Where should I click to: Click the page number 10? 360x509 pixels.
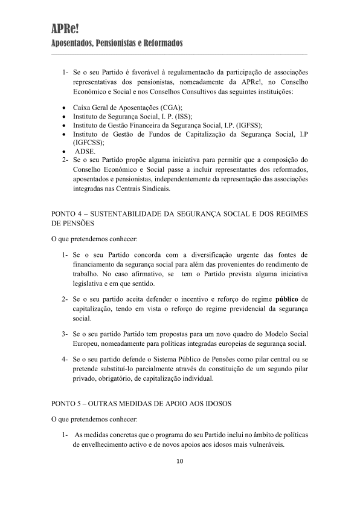click(180, 462)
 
